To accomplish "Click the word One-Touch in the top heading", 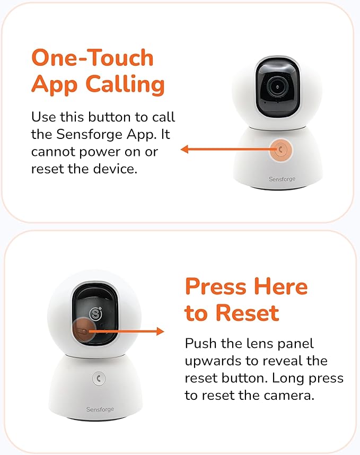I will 92,58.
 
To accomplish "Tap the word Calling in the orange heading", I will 126,84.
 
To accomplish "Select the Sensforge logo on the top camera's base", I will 282,179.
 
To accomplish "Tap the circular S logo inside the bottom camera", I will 96,313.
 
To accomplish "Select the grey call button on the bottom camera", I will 98,378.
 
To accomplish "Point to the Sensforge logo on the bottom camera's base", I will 100,409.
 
